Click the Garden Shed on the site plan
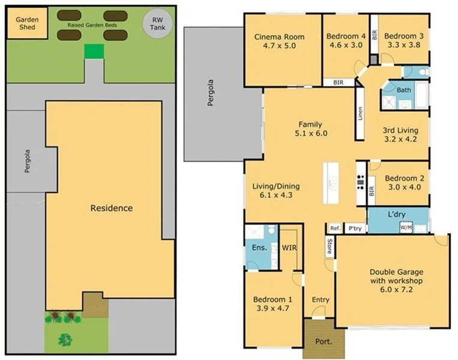[27, 23]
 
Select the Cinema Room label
[279, 37]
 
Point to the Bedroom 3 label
[403, 37]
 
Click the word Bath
[404, 90]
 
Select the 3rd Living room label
[400, 130]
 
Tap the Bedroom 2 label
[400, 178]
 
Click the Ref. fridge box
[335, 228]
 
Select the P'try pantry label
[355, 228]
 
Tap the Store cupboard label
[329, 246]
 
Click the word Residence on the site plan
[111, 208]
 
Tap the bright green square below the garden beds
[94, 51]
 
